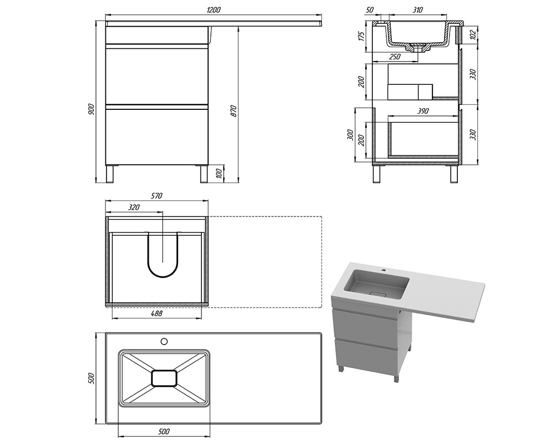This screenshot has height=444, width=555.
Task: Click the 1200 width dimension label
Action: coord(214,9)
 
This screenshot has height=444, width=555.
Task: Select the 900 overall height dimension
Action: coord(92,109)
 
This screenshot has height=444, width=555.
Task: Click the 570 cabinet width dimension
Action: coord(157,195)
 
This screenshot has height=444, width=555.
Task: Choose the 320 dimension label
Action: coord(134,207)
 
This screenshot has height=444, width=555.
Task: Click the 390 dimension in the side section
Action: coord(422,111)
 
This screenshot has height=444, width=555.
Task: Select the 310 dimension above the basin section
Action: coord(418,9)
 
